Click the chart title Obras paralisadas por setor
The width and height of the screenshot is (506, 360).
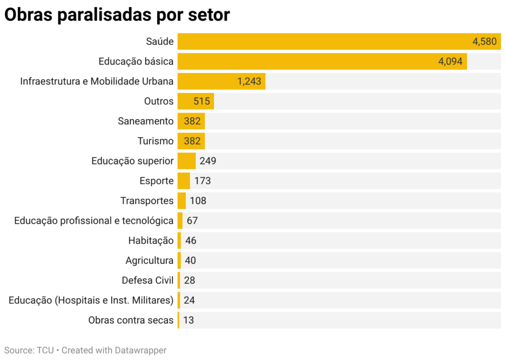(117, 15)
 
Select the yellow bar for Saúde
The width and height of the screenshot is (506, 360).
(321, 41)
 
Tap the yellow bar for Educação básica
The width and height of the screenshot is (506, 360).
(306, 62)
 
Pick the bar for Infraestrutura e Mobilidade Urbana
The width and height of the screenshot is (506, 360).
(208, 81)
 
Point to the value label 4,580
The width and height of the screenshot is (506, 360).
(484, 41)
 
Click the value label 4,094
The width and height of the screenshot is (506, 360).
(450, 62)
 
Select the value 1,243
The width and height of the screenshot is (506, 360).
(249, 81)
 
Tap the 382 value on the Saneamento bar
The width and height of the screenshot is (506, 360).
(192, 121)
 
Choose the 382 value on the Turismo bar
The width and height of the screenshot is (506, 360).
(192, 141)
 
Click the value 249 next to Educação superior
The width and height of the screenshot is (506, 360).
(208, 161)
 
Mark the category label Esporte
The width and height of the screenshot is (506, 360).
(157, 181)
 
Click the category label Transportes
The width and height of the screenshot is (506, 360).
(147, 200)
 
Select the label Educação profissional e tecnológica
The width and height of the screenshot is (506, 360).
(94, 221)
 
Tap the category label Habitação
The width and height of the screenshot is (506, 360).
(151, 240)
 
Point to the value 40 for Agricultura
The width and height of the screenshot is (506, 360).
(190, 260)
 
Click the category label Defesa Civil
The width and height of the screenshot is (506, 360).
(148, 280)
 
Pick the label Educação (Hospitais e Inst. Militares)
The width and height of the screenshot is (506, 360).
(91, 300)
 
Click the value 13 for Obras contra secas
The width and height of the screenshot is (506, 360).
(188, 320)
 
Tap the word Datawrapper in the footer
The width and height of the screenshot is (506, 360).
(141, 350)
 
